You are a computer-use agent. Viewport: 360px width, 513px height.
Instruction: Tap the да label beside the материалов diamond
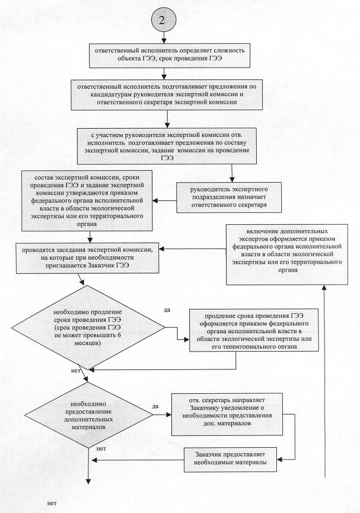[155, 406]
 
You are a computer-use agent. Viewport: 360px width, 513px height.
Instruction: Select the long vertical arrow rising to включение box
[326, 380]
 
